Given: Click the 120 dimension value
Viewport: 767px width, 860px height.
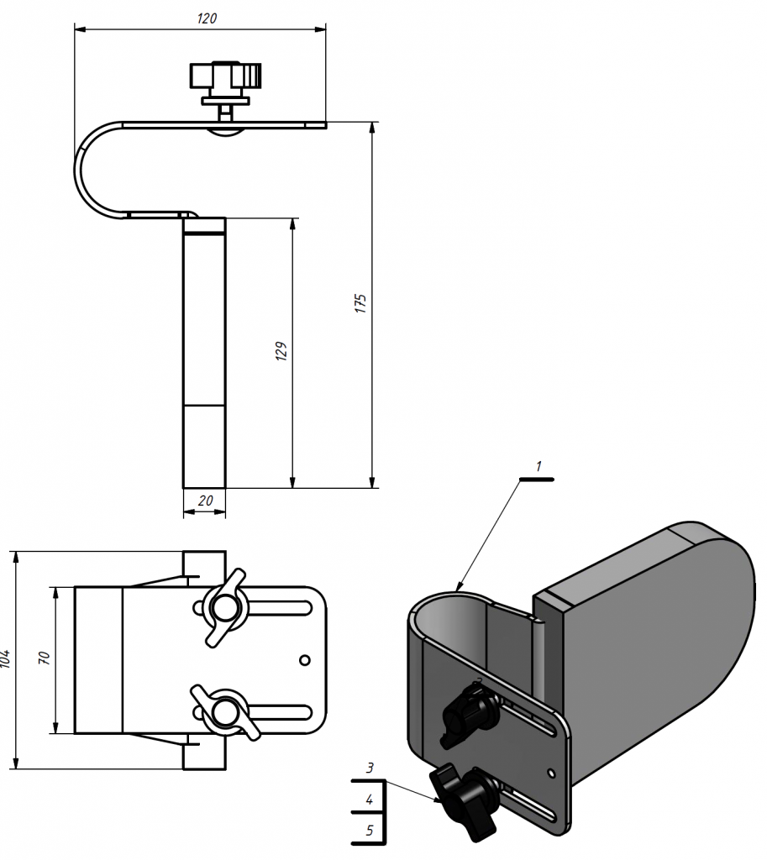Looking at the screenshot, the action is tap(207, 18).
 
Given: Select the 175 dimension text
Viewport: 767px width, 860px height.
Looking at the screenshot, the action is tap(360, 303).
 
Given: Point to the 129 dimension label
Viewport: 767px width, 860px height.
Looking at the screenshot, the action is tap(281, 351).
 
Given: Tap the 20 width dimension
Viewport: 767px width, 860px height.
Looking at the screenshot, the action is tap(205, 501).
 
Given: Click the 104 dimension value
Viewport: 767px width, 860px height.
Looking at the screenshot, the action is tap(6, 658).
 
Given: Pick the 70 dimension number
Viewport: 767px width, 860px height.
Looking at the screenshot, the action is tap(45, 658).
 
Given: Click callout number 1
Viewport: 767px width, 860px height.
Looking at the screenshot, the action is tap(538, 466).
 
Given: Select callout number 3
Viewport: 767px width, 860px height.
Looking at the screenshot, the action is tap(370, 768).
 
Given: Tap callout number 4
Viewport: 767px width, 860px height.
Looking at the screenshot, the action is tap(370, 800).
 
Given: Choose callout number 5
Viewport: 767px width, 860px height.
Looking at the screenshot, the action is tap(370, 831).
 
